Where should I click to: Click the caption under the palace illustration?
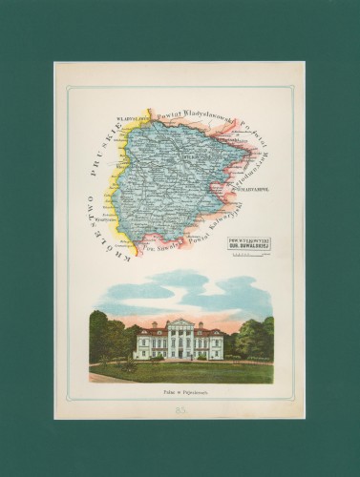tap(180, 392)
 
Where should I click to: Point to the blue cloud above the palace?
tap(181, 286)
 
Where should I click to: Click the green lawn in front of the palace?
tap(181, 372)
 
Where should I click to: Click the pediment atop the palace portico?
tap(180, 323)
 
